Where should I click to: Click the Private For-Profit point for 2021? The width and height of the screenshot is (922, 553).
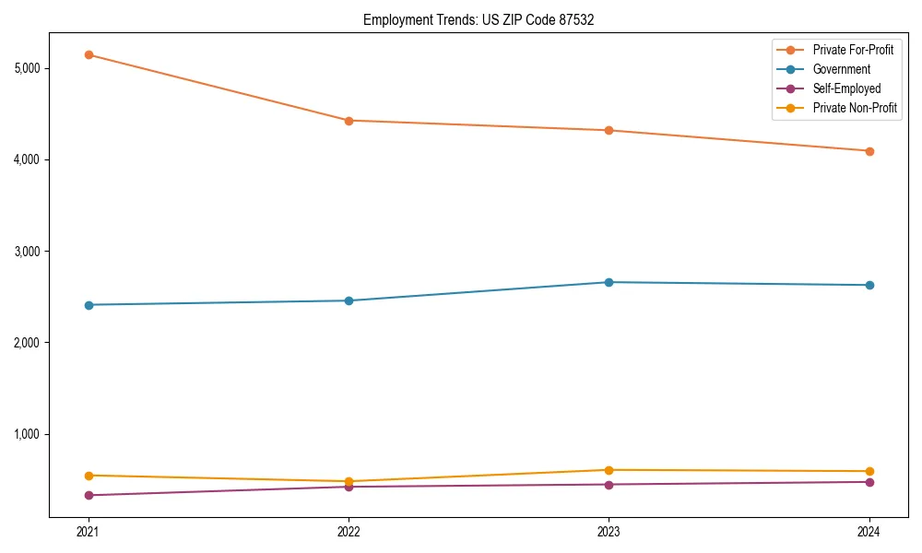coord(89,54)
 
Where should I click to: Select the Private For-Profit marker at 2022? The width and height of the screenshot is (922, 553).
coord(349,121)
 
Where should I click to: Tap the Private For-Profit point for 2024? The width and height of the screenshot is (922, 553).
coord(869,151)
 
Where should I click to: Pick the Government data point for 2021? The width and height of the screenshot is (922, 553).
coord(89,305)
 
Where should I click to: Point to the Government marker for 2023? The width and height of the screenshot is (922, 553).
coord(609,282)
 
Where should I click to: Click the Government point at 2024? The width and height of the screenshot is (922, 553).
coord(869,285)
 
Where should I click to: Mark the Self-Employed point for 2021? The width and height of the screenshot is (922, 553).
coord(89,496)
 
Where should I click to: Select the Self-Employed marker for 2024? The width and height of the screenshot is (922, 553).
coord(869,482)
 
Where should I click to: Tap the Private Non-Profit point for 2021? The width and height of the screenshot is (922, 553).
coord(89,476)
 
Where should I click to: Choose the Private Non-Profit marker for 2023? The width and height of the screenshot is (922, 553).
coord(609,470)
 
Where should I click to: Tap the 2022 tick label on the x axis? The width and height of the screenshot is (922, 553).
coord(349,532)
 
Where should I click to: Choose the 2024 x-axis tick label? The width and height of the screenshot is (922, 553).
coord(869,532)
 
